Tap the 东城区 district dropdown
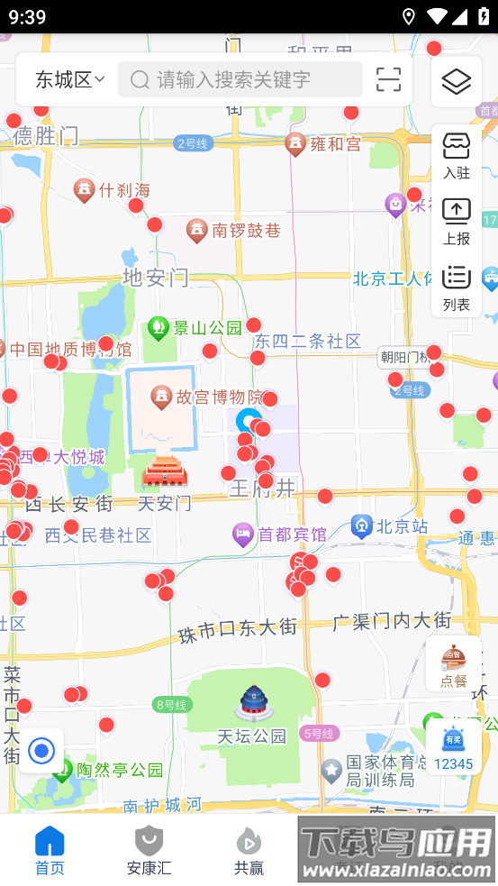pos(70,79)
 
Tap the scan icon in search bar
pos(388,79)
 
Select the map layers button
pos(457,82)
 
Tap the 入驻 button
pos(457,156)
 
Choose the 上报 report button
pos(457,222)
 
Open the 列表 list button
pos(457,288)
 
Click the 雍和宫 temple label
pos(323,144)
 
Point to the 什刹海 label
pos(123,190)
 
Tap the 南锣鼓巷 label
pos(245,231)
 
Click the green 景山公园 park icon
pos(159,326)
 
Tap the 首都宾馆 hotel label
pos(291,534)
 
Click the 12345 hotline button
pos(453,748)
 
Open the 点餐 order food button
pos(454,665)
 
